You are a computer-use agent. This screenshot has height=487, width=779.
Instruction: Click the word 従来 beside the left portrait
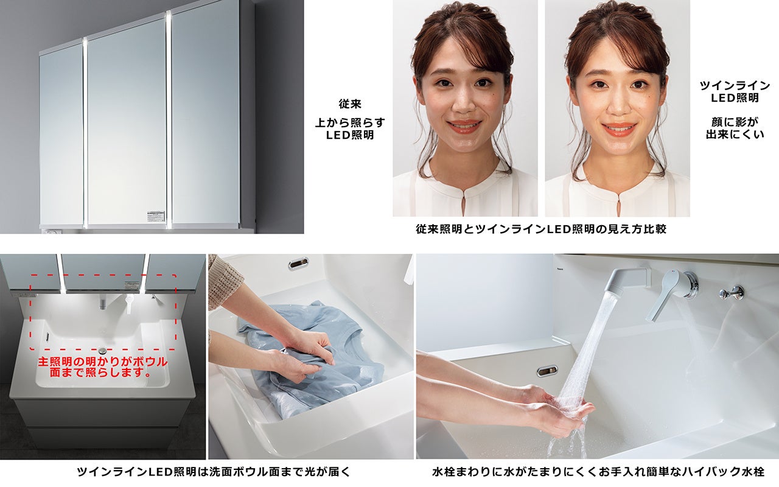click(350, 103)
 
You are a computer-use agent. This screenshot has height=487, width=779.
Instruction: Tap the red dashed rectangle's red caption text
click(103, 367)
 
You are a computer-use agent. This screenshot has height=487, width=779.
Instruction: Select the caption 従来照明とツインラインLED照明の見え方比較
click(541, 229)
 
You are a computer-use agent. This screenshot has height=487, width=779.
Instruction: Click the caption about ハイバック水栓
click(598, 472)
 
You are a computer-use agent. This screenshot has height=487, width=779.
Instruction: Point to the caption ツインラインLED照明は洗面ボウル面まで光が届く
click(213, 472)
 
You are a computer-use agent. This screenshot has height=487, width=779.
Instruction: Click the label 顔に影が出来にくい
click(735, 128)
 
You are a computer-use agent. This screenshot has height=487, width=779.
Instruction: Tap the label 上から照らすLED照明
click(350, 128)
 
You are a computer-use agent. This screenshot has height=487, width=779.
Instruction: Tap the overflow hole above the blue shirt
click(298, 264)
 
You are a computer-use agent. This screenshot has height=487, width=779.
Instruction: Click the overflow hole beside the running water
click(547, 371)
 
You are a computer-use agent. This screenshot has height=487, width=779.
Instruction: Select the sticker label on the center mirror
click(156, 216)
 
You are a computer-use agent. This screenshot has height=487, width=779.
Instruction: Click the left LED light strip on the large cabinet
click(85, 132)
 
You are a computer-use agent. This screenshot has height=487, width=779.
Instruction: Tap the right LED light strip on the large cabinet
click(169, 119)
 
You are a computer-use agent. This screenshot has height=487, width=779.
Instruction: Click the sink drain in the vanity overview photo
click(102, 349)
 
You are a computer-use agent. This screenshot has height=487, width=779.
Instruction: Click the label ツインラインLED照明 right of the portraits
click(735, 91)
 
